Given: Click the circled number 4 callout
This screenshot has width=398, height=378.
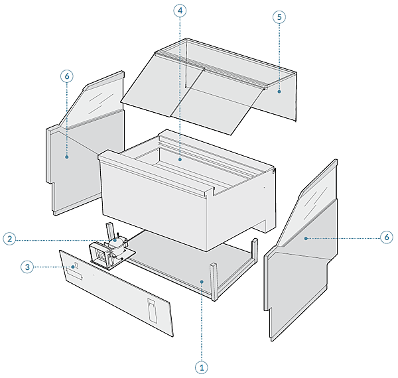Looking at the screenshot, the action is [180, 11].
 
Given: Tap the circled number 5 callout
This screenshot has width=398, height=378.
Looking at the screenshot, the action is [279, 17].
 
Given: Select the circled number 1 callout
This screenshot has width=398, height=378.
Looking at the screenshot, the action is [202, 367].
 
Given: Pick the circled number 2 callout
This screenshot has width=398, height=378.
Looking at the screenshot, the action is [10, 239].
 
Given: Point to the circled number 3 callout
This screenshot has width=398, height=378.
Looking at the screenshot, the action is [27, 267].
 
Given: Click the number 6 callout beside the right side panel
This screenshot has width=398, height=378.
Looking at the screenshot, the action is [387, 237].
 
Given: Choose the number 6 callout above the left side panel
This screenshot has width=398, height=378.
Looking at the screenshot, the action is [67, 76].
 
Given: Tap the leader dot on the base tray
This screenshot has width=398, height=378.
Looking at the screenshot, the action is [202, 282].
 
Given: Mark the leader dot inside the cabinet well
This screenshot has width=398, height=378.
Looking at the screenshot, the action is [180, 159].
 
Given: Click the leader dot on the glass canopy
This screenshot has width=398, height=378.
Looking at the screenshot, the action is [279, 92].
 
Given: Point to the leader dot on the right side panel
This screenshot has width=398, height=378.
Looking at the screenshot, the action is [306, 238].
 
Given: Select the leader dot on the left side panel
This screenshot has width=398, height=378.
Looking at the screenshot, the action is [67, 157].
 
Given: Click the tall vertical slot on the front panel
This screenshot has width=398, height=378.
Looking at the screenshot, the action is [153, 310].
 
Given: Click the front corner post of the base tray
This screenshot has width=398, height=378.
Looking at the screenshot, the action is [214, 282].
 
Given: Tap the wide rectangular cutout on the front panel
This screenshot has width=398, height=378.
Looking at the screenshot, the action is [74, 275].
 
